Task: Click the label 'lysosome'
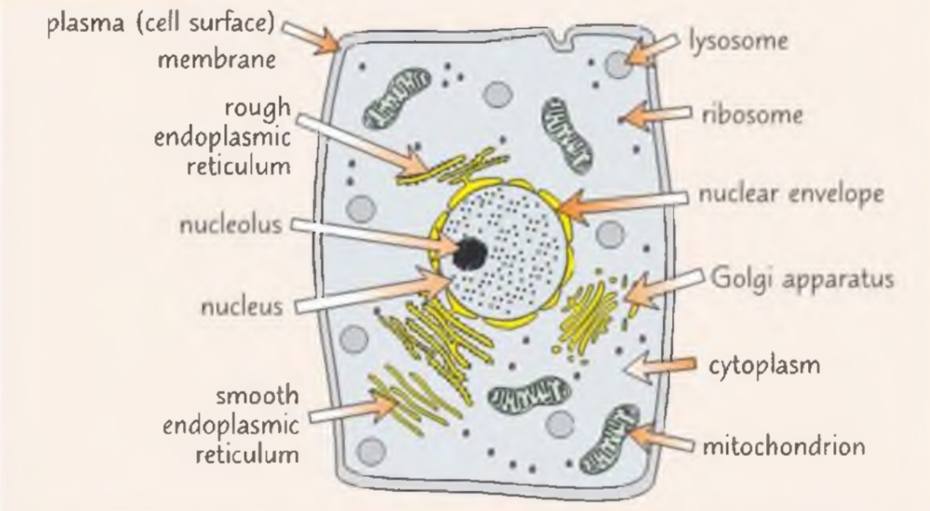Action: (x=738, y=42)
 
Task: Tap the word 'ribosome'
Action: (x=752, y=115)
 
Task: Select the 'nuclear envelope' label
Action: (x=791, y=195)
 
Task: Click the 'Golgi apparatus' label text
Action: (x=802, y=279)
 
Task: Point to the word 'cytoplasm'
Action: (x=764, y=366)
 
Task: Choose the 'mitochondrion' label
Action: (x=783, y=445)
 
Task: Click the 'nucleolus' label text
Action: (x=231, y=226)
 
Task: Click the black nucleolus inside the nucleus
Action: (x=469, y=254)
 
